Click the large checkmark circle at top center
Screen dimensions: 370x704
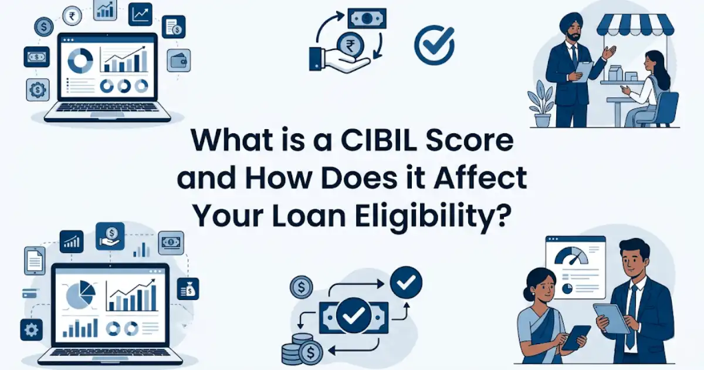[x=434, y=44]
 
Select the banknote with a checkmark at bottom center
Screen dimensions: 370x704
[x=354, y=315]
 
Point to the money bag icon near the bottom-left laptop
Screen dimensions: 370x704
[x=189, y=288]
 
